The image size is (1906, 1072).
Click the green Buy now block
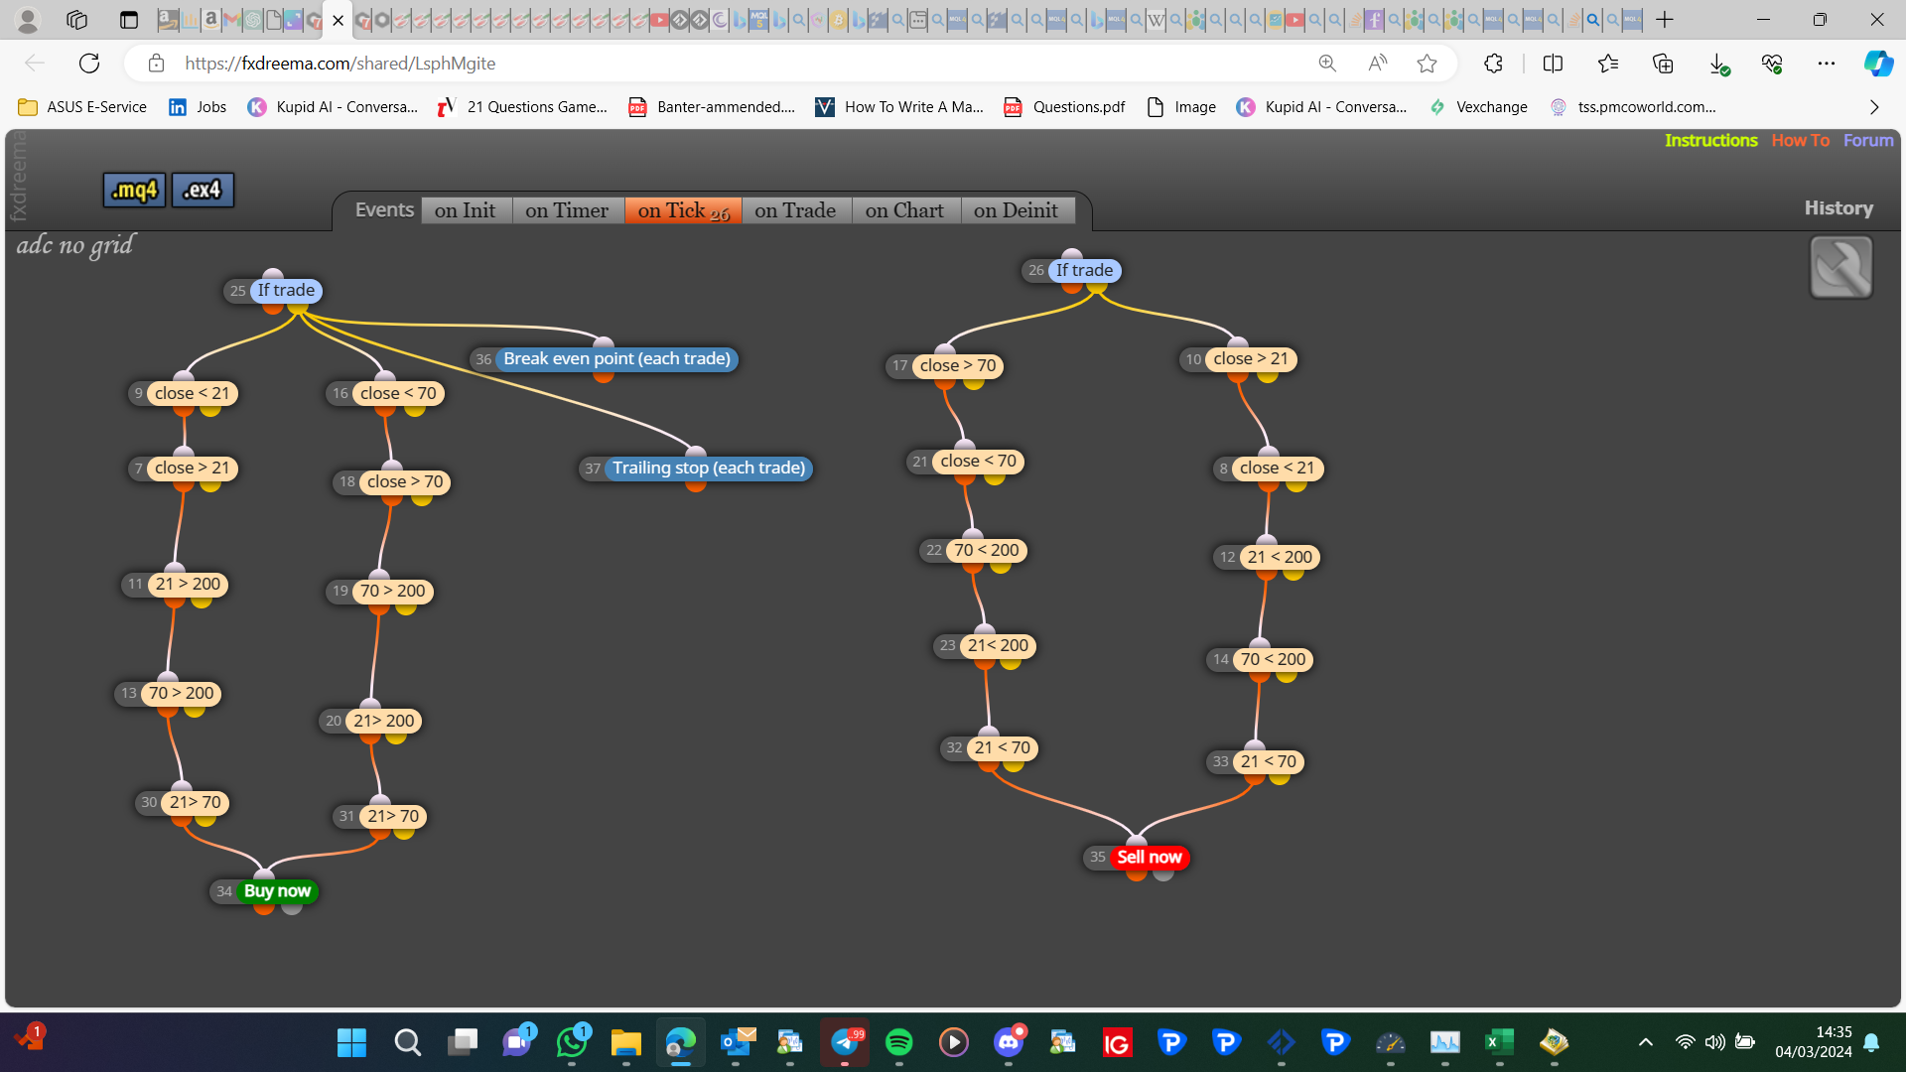tap(277, 891)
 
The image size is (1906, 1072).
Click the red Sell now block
tap(1149, 857)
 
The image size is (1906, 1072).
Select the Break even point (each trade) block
tap(616, 358)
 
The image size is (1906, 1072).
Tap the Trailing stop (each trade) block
tap(709, 468)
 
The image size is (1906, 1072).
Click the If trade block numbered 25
tap(286, 290)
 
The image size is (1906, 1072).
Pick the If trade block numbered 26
tap(1084, 270)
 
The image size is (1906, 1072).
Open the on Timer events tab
tap(567, 210)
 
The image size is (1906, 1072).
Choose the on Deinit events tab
tap(1016, 210)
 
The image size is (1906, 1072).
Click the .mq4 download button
tap(134, 190)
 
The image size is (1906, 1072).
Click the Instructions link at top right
tap(1710, 141)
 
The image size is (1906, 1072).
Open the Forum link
tap(1868, 141)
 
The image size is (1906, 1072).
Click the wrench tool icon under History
tap(1841, 267)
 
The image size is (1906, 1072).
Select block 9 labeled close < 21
tap(192, 393)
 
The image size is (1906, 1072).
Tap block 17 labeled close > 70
tap(957, 365)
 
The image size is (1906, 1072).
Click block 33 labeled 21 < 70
tap(1268, 761)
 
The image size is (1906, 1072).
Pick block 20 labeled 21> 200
tap(383, 721)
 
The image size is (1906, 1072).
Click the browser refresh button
tap(89, 64)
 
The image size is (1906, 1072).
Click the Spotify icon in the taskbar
tap(898, 1042)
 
